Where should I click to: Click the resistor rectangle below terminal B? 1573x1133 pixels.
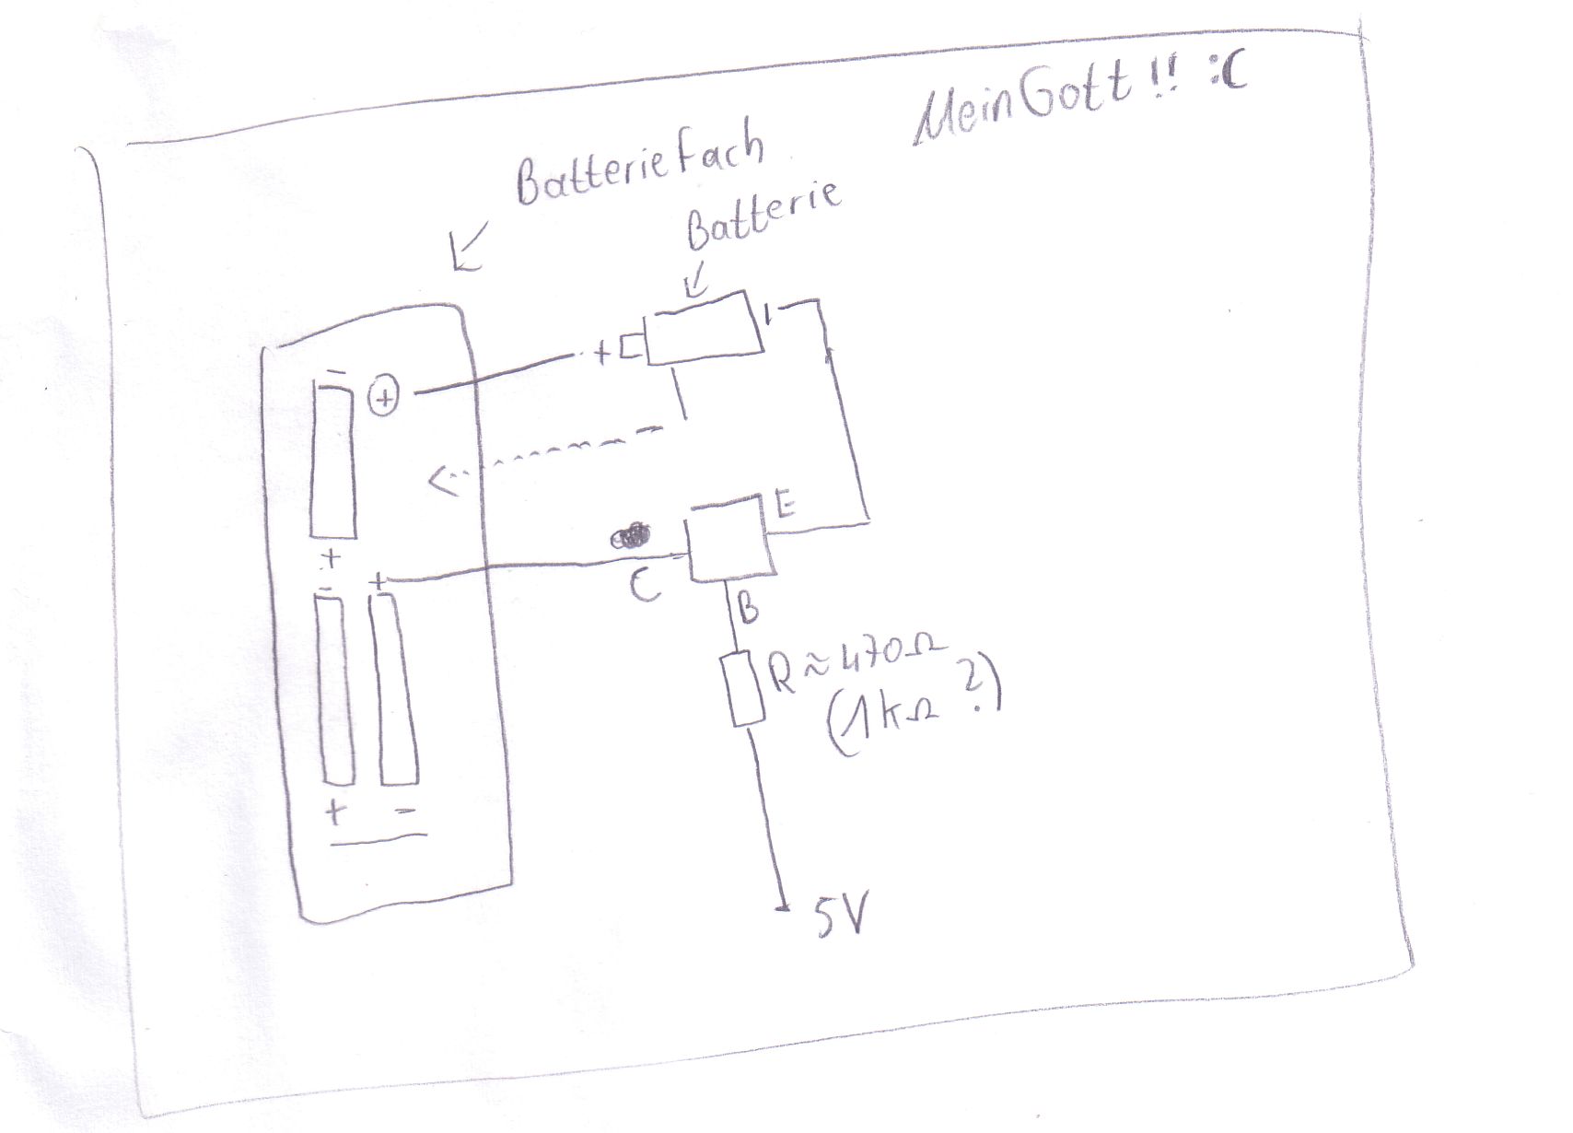pyautogui.click(x=747, y=688)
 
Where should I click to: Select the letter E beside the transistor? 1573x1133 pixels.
pyautogui.click(x=786, y=507)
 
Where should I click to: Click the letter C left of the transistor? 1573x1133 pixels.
pyautogui.click(x=645, y=585)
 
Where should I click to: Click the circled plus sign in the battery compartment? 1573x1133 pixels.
pyautogui.click(x=384, y=398)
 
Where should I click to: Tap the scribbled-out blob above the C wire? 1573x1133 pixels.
pyautogui.click(x=631, y=536)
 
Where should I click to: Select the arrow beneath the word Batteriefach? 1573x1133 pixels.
pyautogui.click(x=469, y=250)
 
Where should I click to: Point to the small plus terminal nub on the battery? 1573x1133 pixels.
pyautogui.click(x=631, y=348)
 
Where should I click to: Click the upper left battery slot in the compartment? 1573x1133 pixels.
pyautogui.click(x=332, y=461)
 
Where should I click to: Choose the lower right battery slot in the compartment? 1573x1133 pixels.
pyautogui.click(x=397, y=690)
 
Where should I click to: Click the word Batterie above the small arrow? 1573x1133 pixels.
pyautogui.click(x=763, y=216)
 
